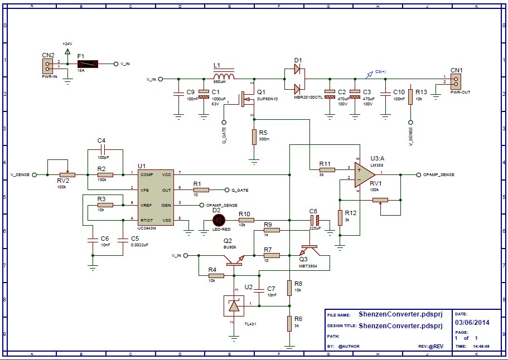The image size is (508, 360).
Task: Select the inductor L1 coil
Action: pyautogui.click(x=224, y=77)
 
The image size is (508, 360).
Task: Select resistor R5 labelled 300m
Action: pyautogui.click(x=254, y=137)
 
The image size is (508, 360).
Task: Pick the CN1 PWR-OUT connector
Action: pyautogui.click(x=457, y=81)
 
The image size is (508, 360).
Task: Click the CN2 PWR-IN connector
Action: pyautogui.click(x=48, y=66)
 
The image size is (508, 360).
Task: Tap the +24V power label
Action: pyautogui.click(x=67, y=43)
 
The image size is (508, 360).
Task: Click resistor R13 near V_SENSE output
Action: pyautogui.click(x=410, y=96)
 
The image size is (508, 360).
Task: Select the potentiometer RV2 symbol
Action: pyautogui.click(x=67, y=174)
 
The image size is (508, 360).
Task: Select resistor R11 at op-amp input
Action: pyautogui.click(x=327, y=169)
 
